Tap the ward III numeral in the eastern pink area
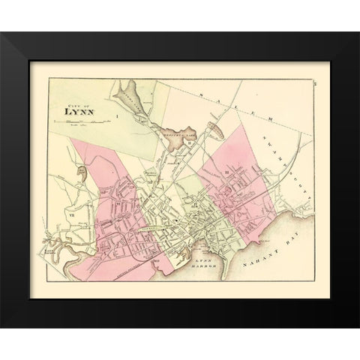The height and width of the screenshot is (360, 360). pyautogui.click(x=225, y=172)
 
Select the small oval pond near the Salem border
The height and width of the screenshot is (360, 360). pyautogui.click(x=214, y=130)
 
